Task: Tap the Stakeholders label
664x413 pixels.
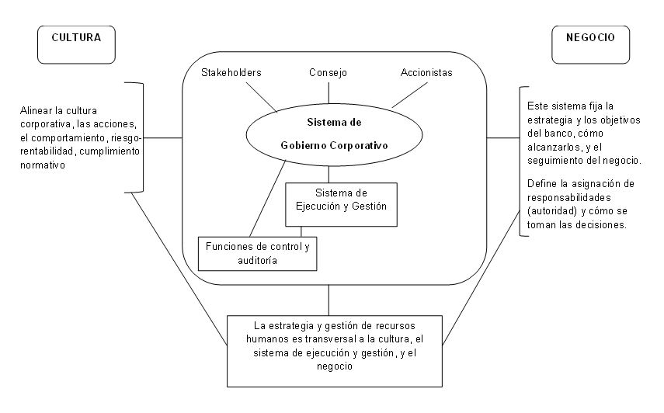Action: click(231, 73)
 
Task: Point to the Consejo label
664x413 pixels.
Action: click(328, 73)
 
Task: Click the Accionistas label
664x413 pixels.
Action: click(426, 73)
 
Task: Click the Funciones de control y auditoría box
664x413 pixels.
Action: click(259, 253)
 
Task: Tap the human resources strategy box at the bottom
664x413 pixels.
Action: click(335, 346)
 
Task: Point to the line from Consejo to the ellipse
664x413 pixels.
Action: click(328, 91)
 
